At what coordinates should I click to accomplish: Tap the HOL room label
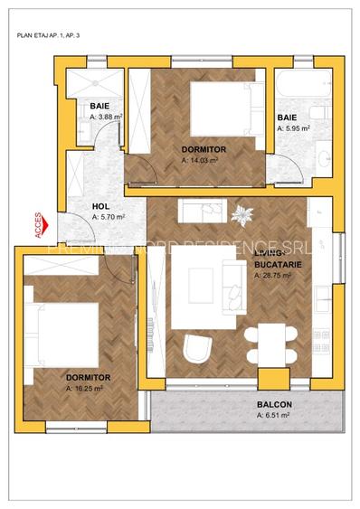(101, 206)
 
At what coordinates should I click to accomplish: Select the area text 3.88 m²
(106, 117)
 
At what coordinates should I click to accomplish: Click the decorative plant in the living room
(242, 215)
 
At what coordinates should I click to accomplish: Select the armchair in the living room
(196, 349)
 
